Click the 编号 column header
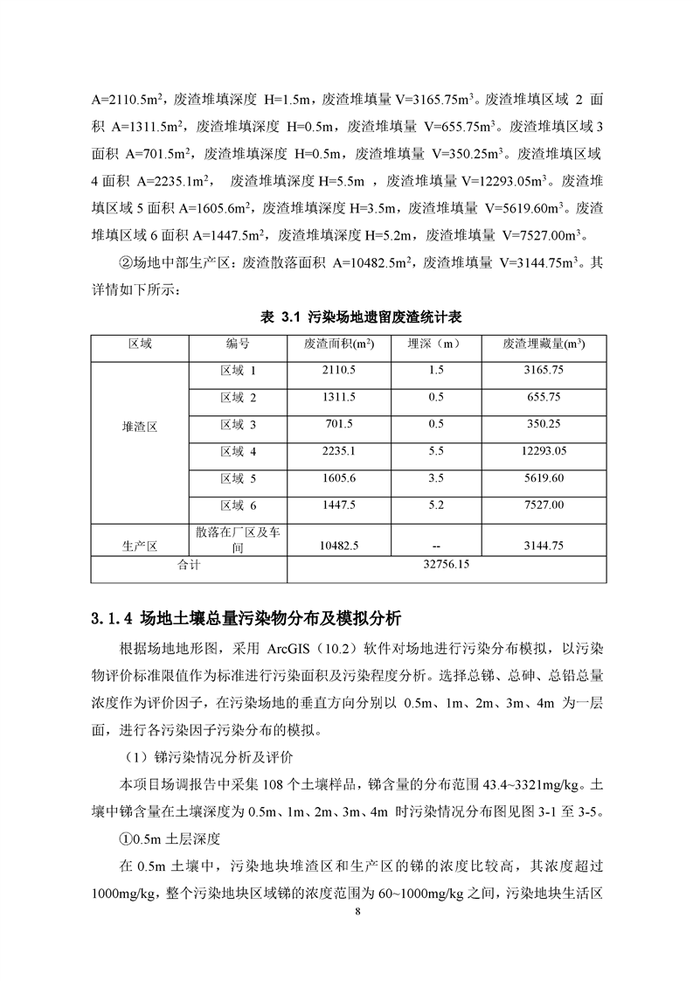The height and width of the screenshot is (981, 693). [x=238, y=344]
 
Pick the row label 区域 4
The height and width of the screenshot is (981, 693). [x=238, y=452]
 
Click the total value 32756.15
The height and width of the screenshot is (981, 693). [x=446, y=566]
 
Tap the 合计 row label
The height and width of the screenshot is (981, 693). [x=190, y=566]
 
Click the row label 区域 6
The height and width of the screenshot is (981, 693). [x=238, y=505]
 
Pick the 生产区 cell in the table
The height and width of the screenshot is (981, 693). [x=140, y=546]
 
